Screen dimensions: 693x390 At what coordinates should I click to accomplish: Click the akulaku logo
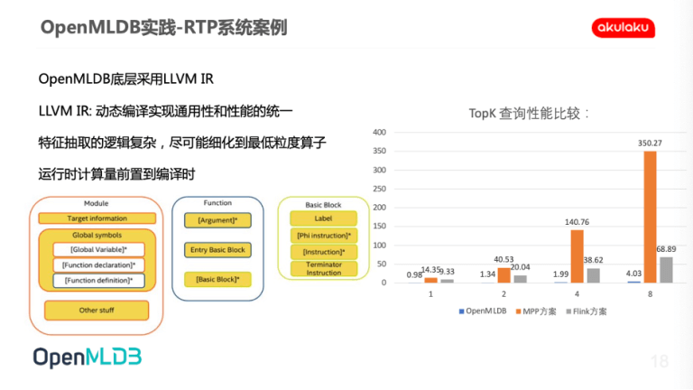(624, 28)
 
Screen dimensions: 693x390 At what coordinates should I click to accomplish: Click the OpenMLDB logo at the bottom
(88, 357)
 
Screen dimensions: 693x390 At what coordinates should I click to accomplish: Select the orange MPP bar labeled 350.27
(650, 217)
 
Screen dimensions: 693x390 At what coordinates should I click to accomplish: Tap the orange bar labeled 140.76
(577, 256)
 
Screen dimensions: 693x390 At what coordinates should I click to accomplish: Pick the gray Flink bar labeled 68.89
(666, 270)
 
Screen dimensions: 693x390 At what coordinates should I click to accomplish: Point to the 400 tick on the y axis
(379, 132)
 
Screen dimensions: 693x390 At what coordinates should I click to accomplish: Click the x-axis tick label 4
(577, 294)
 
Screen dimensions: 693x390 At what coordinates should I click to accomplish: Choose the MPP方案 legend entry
(536, 311)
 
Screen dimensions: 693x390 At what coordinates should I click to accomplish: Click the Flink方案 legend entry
(586, 311)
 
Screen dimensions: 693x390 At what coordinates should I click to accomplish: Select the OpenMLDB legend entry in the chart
(483, 311)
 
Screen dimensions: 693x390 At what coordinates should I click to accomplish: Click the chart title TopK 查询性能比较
(529, 114)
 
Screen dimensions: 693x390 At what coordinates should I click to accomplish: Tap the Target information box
(97, 218)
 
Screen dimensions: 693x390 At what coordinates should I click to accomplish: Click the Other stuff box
(97, 311)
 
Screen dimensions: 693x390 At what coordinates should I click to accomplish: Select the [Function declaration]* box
(98, 265)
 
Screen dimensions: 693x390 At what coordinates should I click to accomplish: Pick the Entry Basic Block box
(217, 250)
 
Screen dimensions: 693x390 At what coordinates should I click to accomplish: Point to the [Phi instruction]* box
(324, 236)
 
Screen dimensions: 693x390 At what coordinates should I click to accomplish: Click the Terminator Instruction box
(324, 269)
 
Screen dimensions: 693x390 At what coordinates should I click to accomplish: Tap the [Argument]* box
(217, 220)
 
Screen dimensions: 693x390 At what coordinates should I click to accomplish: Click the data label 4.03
(633, 274)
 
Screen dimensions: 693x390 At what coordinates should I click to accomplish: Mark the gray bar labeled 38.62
(593, 275)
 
